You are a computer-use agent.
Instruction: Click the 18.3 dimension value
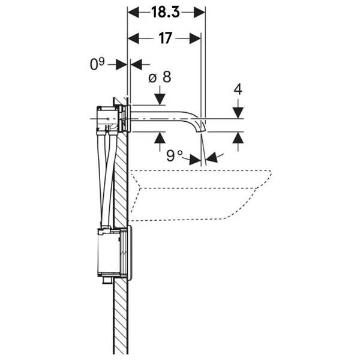(166, 12)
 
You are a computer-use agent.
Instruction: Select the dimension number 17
(166, 38)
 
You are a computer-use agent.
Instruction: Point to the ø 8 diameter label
(160, 77)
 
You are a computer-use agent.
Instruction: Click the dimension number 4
(238, 89)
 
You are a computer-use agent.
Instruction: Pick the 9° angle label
(175, 155)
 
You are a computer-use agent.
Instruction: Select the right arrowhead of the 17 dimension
(195, 38)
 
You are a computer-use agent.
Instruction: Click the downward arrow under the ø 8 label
(160, 97)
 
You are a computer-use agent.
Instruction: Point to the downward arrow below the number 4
(238, 110)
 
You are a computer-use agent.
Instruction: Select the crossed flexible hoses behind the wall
(107, 180)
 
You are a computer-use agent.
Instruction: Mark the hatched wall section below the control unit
(121, 318)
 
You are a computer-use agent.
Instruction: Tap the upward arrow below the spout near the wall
(160, 139)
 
